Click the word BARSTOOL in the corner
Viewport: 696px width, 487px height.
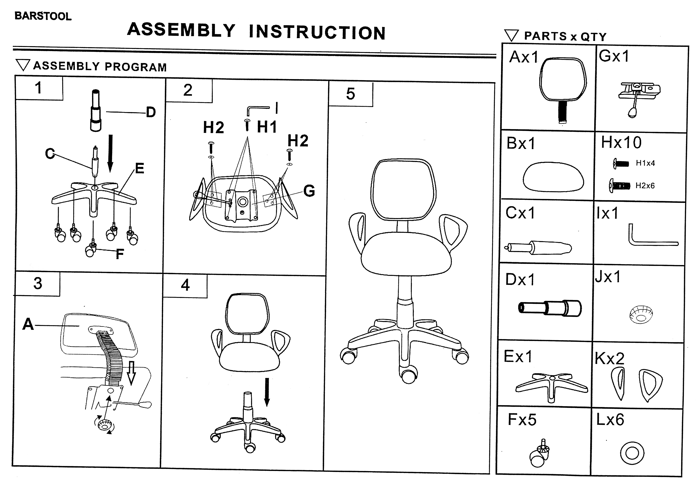(43, 16)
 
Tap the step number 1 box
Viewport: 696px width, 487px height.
(39, 88)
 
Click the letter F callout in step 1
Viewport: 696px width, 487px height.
(120, 254)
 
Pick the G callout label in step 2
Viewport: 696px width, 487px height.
(309, 191)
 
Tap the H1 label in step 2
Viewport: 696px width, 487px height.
(267, 127)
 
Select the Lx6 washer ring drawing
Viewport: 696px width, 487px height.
(632, 453)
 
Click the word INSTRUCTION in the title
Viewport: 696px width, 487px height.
(317, 32)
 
